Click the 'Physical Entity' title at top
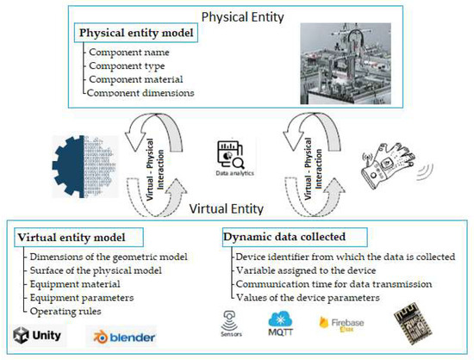click(235, 16)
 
